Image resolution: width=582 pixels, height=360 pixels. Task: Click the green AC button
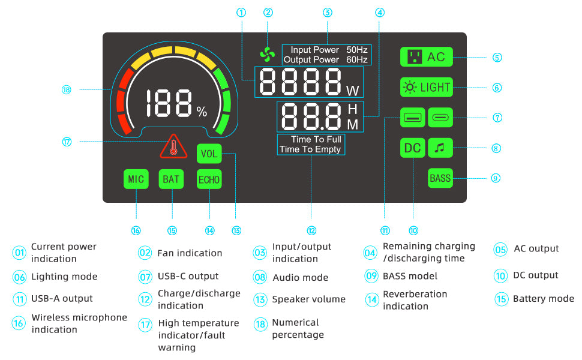pyautogui.click(x=426, y=57)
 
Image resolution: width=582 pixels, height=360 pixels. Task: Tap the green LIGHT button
pyautogui.click(x=426, y=87)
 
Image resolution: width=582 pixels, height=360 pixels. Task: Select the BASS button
pyautogui.click(x=440, y=178)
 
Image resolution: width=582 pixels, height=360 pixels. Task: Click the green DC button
pyautogui.click(x=412, y=148)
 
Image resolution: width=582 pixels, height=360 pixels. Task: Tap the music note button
pyautogui.click(x=440, y=148)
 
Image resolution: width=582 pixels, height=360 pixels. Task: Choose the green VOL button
pyautogui.click(x=209, y=154)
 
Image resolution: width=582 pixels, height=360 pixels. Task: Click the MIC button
pyautogui.click(x=136, y=179)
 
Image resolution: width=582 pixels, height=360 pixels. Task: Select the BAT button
pyautogui.click(x=171, y=179)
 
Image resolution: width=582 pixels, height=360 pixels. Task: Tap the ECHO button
pyautogui.click(x=209, y=179)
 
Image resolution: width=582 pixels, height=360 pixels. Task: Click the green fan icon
pyautogui.click(x=267, y=55)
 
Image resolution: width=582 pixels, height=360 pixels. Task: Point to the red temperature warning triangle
pyautogui.click(x=173, y=146)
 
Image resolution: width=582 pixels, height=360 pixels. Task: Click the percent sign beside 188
pyautogui.click(x=202, y=112)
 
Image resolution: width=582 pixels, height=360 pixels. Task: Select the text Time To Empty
pyautogui.click(x=310, y=149)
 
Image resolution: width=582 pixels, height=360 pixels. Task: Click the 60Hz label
pyautogui.click(x=356, y=59)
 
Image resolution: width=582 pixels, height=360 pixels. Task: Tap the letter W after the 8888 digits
pyautogui.click(x=353, y=91)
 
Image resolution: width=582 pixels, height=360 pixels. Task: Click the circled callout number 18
pyautogui.click(x=67, y=89)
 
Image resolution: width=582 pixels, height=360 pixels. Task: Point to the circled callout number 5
pyautogui.click(x=497, y=58)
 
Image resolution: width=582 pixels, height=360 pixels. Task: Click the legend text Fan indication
pyautogui.click(x=190, y=253)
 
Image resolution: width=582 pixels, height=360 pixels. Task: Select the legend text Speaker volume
pyautogui.click(x=309, y=299)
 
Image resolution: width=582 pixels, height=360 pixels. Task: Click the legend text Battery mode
pyautogui.click(x=544, y=299)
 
